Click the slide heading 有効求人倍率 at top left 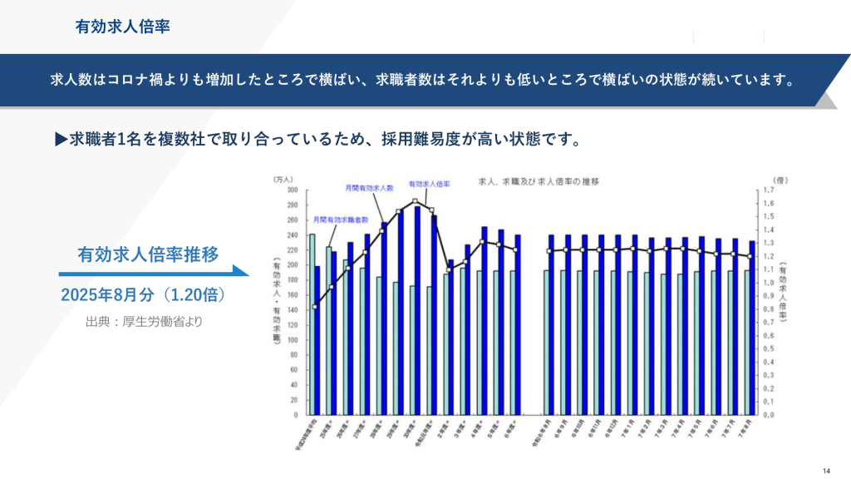click(122, 27)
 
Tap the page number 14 click(827, 467)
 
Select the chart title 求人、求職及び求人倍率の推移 click(538, 180)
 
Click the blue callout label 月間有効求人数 click(369, 189)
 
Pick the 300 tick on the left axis click(292, 190)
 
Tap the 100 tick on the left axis click(292, 339)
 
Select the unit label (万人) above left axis click(283, 180)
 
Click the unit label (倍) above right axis click(779, 180)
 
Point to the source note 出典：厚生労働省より click(143, 321)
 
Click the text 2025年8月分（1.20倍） click(143, 296)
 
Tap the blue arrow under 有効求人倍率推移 click(154, 271)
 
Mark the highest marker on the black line click(415, 201)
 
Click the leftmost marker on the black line click(315, 307)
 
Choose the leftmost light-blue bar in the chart click(312, 323)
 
